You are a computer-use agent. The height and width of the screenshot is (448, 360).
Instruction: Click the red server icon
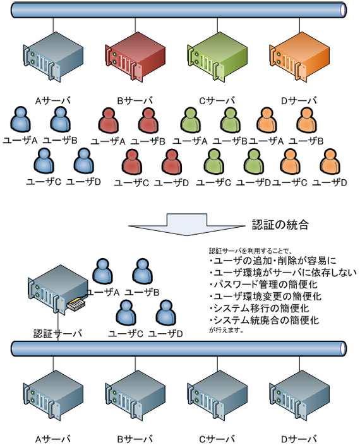pyautogui.click(x=135, y=57)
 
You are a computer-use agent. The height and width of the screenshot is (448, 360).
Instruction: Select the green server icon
pyautogui.click(x=217, y=57)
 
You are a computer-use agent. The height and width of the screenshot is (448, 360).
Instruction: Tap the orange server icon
pyautogui.click(x=299, y=57)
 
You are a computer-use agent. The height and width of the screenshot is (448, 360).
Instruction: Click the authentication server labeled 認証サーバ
pyautogui.click(x=58, y=290)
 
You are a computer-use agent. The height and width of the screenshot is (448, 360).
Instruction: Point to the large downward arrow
pyautogui.click(x=187, y=225)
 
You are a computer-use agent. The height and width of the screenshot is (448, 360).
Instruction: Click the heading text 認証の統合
pyautogui.click(x=280, y=225)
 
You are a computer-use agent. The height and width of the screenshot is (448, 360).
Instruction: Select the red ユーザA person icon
pyautogui.click(x=109, y=121)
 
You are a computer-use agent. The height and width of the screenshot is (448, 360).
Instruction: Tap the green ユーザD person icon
pyautogui.click(x=254, y=162)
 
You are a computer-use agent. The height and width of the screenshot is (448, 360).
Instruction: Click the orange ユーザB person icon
pyautogui.click(x=306, y=121)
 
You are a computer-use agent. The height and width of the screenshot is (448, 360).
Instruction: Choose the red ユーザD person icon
pyautogui.click(x=172, y=162)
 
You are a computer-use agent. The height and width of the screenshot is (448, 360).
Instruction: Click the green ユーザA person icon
pyautogui.click(x=191, y=121)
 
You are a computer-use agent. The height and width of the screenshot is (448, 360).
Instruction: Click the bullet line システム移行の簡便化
pyautogui.click(x=260, y=309)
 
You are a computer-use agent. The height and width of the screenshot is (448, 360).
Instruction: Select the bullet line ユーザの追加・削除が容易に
pyautogui.click(x=273, y=261)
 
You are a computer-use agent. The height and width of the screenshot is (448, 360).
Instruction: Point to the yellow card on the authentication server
pyautogui.click(x=76, y=304)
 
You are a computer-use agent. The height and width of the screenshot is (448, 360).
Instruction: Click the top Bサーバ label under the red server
pyautogui.click(x=135, y=100)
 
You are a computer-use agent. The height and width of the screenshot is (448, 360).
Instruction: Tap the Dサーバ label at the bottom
pyautogui.click(x=299, y=439)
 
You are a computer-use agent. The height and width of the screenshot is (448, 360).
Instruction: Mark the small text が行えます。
pyautogui.click(x=226, y=331)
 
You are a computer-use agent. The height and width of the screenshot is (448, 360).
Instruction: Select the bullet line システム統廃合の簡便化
pyautogui.click(x=264, y=320)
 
